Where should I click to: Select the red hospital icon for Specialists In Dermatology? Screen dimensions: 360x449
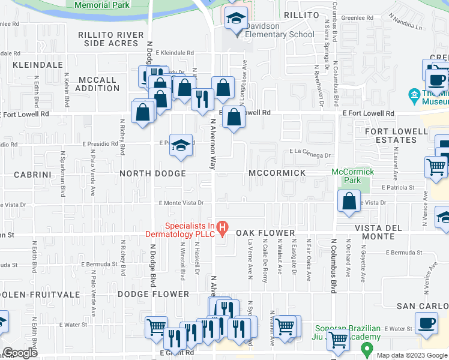pos(222,227)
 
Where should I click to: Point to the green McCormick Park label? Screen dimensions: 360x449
pos(353,176)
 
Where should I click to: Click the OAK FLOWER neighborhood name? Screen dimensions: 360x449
pos(265,233)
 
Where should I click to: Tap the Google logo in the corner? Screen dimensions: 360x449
pos(20,353)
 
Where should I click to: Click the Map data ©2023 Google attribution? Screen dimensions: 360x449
pos(412,355)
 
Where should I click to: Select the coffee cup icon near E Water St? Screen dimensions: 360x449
pos(427,323)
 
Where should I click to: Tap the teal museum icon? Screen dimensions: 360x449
pos(414,95)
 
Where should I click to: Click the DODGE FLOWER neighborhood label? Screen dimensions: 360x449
pos(153,294)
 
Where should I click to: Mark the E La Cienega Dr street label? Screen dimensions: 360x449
pos(310,155)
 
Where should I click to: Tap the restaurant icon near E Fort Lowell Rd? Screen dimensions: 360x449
pos(202,97)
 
